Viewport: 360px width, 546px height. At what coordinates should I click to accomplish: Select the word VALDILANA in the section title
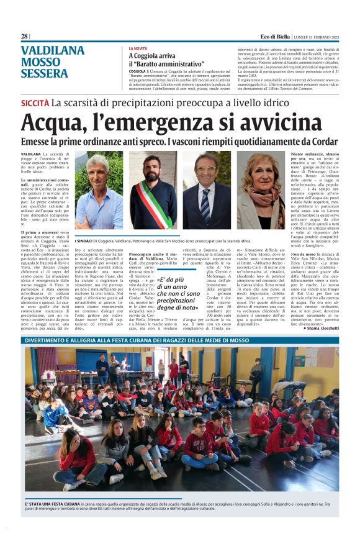(53, 51)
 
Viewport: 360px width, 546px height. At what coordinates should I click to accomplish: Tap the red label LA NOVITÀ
(138, 48)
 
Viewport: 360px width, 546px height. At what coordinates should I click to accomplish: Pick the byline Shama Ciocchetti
(319, 328)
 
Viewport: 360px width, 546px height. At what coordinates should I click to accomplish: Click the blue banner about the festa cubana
(180, 340)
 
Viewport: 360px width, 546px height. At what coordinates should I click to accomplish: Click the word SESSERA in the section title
(45, 73)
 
